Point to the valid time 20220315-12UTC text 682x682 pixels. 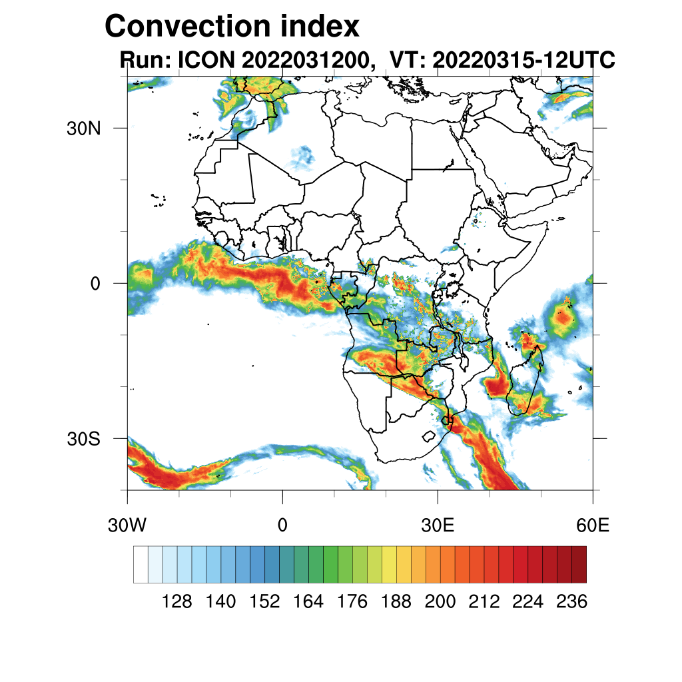[523, 61]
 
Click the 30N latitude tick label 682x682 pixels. [83, 129]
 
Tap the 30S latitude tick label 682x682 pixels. [83, 439]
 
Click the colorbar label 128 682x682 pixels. [177, 602]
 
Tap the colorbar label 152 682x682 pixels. [264, 602]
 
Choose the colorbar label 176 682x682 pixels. [352, 602]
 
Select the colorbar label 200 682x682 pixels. [440, 602]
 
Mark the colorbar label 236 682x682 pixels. [571, 602]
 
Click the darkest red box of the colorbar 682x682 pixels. [579, 564]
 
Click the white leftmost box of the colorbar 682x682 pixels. [141, 564]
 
